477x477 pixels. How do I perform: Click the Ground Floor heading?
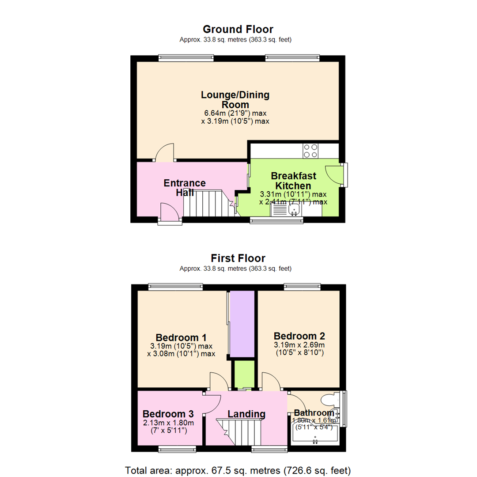pos(238,29)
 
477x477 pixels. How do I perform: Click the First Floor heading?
pos(238,258)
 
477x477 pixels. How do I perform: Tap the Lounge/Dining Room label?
pos(235,100)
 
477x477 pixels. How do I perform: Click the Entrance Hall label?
pos(185,188)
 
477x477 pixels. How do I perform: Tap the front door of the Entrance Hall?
pos(170,213)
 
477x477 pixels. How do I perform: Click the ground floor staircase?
pos(208,204)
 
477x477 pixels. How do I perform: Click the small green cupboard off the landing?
pos(244,374)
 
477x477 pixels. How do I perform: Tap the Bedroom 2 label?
pos(299,336)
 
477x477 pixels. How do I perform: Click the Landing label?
pos(246,414)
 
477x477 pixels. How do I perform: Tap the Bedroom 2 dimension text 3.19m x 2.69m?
pos(299,345)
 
